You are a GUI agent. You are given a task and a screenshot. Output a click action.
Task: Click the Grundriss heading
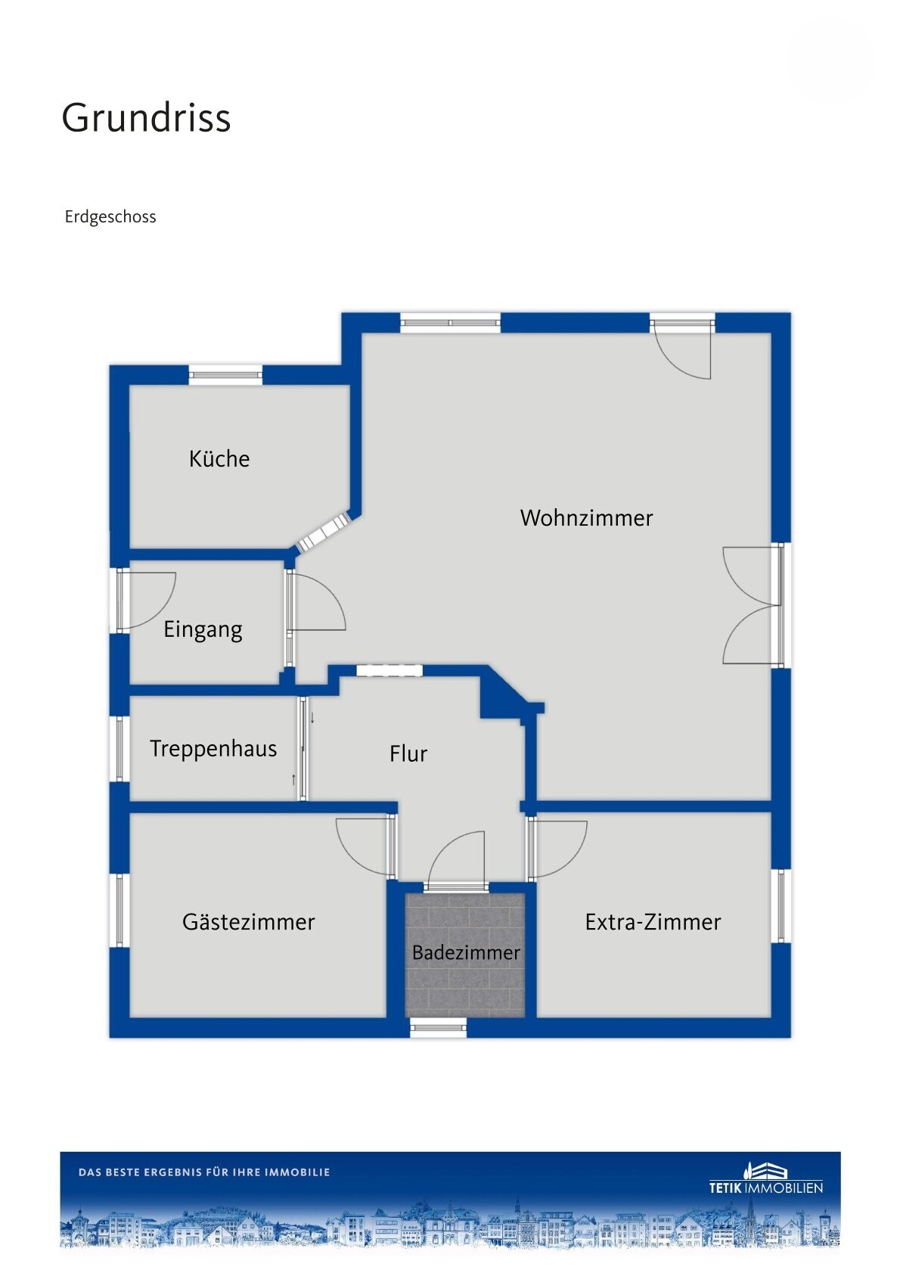146,118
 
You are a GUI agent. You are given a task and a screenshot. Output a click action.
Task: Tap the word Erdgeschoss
110,217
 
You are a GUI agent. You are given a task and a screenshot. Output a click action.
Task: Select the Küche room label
219,458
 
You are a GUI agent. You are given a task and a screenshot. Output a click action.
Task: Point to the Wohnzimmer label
586,517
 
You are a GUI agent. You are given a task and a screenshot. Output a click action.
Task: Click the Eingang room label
203,630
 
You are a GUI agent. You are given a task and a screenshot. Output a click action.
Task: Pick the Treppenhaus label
213,750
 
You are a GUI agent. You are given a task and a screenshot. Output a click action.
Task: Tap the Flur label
408,753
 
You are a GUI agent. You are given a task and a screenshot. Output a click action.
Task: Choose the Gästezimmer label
248,922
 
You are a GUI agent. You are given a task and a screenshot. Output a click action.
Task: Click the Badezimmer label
466,952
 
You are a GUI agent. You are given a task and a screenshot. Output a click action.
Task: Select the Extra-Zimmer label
653,922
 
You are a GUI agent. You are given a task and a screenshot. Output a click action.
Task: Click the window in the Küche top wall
225,374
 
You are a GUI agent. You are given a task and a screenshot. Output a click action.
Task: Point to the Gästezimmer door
365,846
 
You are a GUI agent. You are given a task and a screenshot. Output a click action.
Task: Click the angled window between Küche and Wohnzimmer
324,532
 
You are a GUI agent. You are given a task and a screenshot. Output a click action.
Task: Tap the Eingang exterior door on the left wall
147,601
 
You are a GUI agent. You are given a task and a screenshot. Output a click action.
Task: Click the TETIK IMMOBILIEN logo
765,1178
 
